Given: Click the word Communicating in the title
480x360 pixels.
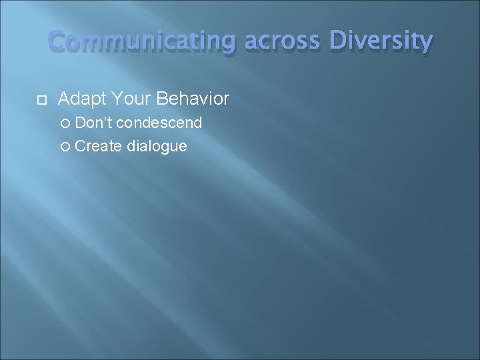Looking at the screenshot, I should [142, 43].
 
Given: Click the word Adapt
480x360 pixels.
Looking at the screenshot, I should [81, 99].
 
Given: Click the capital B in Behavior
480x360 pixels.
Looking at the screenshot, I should [162, 99].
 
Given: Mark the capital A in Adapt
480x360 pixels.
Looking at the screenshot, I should [65, 99].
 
